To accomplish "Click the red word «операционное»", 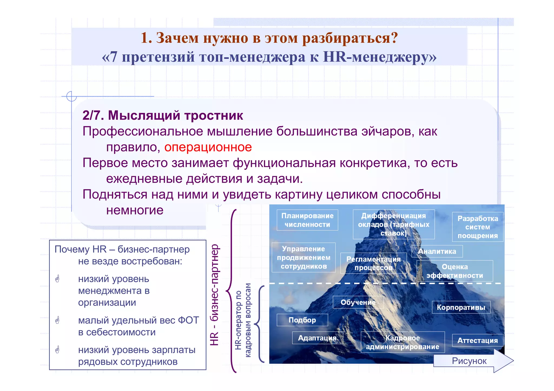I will pos(208,147).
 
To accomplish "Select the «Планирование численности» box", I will pos(307,220).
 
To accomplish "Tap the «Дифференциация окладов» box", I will pos(393,224).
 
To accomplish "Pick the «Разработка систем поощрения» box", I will pos(477,227).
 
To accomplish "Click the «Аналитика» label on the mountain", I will pos(437,251).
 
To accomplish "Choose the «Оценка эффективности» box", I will pos(454,271).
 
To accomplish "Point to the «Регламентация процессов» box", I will pos(373,263).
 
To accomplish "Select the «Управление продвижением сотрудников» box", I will pos(304,258).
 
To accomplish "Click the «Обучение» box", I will pos(358,302).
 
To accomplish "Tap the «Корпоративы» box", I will pos(461,308).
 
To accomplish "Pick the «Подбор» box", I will pos(302,320).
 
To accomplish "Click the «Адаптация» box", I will pos(317,338).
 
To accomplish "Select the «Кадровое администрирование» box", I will pos(403,342).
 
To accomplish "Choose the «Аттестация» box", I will pos(477,340).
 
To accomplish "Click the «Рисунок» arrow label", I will pos(469,361).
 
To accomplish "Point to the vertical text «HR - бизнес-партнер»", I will pos(215,295).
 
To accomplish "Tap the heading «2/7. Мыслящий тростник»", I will pos(163,115).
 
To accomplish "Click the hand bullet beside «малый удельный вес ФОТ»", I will pos(57,320).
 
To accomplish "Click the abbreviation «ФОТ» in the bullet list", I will pos(188,320).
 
